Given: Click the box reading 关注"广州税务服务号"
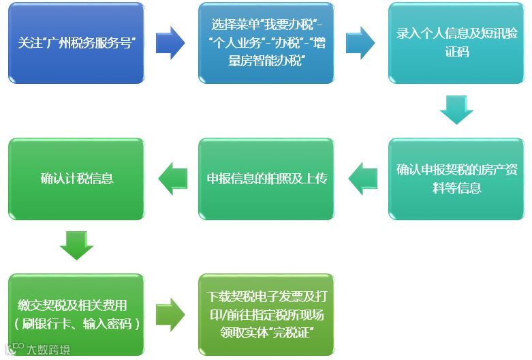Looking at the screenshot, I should coord(76,44).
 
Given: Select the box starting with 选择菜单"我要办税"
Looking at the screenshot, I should coord(266,44).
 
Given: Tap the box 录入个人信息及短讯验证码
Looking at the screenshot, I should coord(456,44).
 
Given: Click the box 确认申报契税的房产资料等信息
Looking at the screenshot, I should coord(456,179).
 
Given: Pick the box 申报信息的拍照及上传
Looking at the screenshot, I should coord(266,179).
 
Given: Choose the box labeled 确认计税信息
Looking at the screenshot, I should coord(76,179).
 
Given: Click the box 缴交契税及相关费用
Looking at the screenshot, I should coord(76,314).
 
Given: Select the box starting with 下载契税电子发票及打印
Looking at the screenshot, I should coord(266,314).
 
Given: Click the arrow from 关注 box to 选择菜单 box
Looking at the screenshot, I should coord(170,43).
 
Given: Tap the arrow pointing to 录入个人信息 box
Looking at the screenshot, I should coord(360,43).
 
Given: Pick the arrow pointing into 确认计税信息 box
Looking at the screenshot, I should coord(172,179).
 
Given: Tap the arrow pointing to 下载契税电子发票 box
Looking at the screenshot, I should coord(170,314).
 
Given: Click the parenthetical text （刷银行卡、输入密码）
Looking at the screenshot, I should coord(76,324).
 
